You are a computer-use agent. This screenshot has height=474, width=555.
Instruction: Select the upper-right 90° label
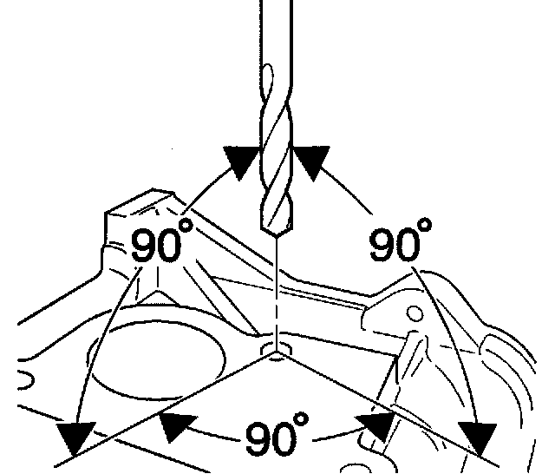pos(398,244)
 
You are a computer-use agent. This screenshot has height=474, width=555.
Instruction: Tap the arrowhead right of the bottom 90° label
pos(375,425)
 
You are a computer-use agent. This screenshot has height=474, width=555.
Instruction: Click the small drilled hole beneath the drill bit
pos(276,351)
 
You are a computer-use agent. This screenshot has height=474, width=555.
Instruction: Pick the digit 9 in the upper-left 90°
pos(145,248)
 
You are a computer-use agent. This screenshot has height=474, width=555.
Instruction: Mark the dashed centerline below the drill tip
pos(276,291)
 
